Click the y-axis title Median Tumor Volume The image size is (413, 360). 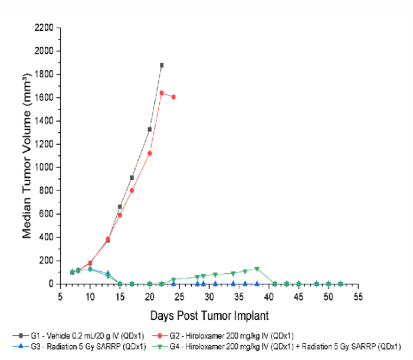click(27, 156)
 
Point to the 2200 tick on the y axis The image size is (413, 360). click(45, 28)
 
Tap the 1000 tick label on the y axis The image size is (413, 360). click(45, 168)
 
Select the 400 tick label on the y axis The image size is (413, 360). click(47, 237)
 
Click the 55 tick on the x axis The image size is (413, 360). click(358, 296)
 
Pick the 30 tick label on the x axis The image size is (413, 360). click(209, 296)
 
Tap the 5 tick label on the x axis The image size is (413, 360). click(60, 296)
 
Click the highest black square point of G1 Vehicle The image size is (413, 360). click(162, 65)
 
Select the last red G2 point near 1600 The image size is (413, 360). click(173, 97)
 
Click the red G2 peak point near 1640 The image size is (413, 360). click(162, 93)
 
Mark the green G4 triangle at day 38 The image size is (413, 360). click(257, 269)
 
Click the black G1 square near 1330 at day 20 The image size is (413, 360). click(150, 129)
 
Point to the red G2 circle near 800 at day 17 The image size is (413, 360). click(132, 191)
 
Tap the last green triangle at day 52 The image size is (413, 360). click(340, 284)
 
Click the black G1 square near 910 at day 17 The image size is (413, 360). click(132, 178)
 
